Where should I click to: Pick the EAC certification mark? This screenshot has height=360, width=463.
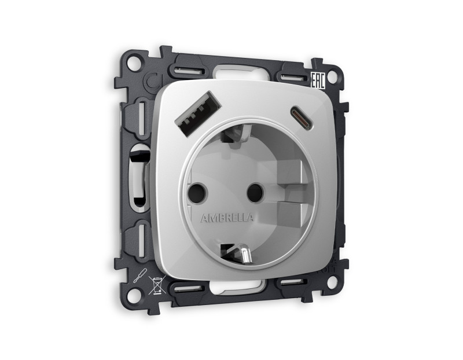[x=317, y=80]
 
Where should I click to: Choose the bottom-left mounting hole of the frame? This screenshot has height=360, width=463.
[x=133, y=293]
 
